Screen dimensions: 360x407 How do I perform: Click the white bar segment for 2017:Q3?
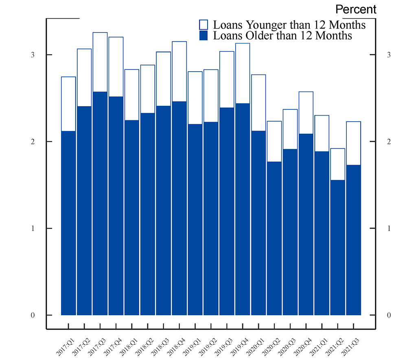click(x=100, y=62)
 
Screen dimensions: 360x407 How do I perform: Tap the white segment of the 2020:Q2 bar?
click(x=274, y=141)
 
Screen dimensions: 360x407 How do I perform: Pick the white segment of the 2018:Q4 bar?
click(x=179, y=71)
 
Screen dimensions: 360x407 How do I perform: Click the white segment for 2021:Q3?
click(x=353, y=143)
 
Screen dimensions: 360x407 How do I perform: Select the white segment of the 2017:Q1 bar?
click(x=68, y=104)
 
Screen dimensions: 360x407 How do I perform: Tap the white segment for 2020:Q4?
click(x=306, y=113)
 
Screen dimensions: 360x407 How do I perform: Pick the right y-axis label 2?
click(x=389, y=142)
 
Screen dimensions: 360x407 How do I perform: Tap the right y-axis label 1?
click(x=389, y=229)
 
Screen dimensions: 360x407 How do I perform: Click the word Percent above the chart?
click(x=356, y=9)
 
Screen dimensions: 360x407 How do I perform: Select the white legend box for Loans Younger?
click(x=203, y=24)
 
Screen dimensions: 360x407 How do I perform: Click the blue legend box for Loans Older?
click(x=203, y=35)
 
